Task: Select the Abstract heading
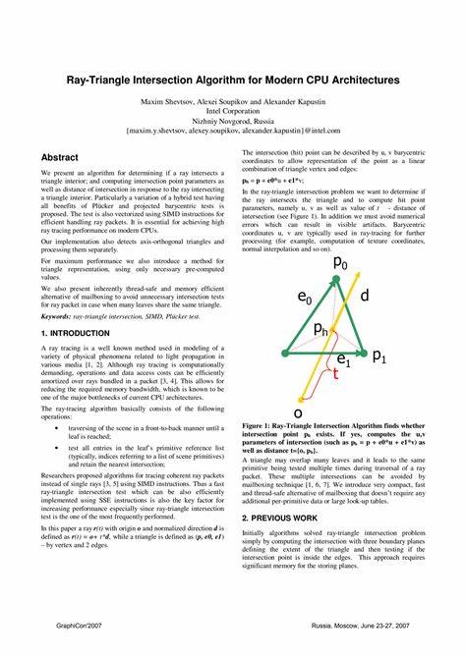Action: click(61, 157)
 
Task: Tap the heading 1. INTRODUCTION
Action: click(76, 334)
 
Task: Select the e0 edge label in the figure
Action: click(305, 298)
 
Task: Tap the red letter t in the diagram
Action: click(335, 375)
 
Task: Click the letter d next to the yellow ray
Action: click(365, 296)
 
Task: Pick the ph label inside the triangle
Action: click(320, 331)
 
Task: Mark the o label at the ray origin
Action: click(298, 414)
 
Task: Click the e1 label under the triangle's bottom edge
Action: click(343, 360)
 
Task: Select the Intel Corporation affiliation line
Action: click(233, 110)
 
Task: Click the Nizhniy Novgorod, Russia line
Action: click(233, 120)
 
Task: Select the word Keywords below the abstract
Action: click(63, 316)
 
